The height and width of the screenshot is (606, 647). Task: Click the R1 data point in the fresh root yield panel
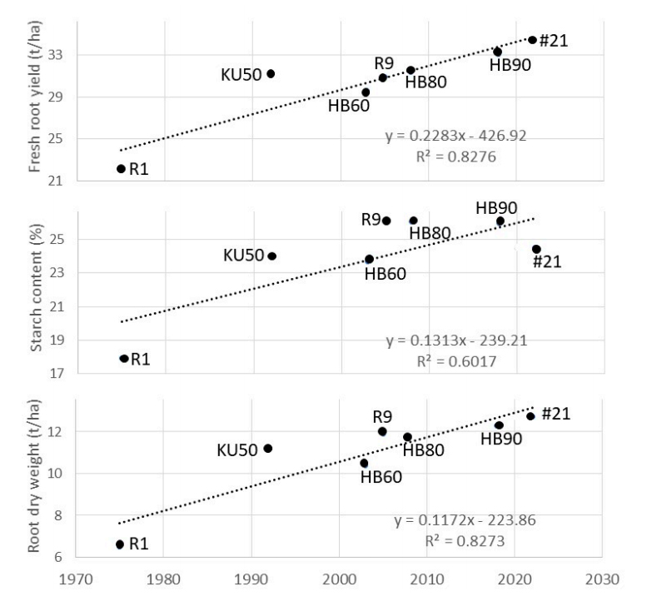(121, 169)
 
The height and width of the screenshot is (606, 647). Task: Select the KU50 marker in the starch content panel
(271, 256)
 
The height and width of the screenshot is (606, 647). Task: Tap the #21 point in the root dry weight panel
(530, 416)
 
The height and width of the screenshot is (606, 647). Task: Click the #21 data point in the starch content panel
(536, 249)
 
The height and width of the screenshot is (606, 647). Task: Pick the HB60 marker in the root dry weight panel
(364, 463)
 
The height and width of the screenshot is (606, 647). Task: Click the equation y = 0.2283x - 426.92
(455, 135)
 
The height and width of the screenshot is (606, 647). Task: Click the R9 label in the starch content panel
(371, 220)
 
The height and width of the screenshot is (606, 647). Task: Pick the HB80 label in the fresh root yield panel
(427, 81)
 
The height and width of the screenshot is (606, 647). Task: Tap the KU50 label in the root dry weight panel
(238, 450)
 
